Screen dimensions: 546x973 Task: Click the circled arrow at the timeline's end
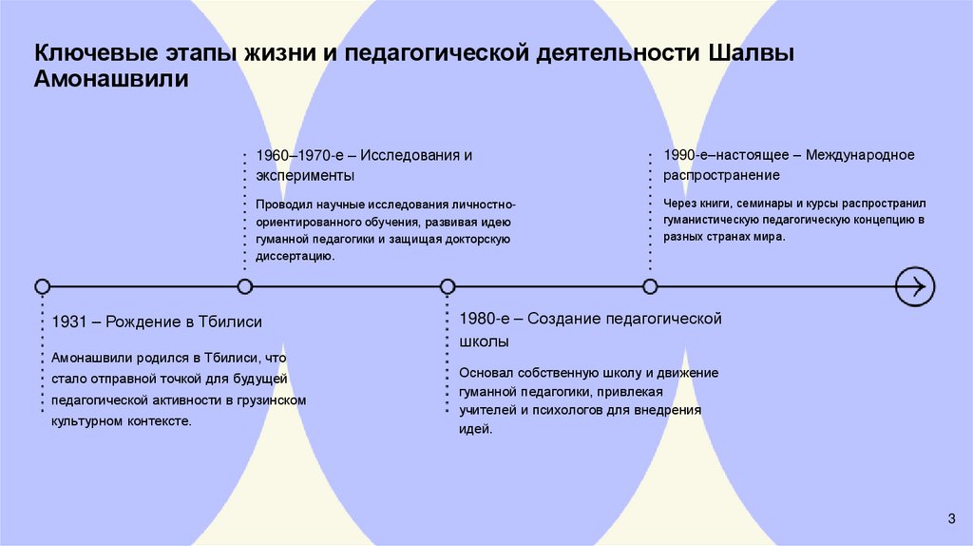[916, 285]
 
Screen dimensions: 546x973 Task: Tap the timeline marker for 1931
[42, 285]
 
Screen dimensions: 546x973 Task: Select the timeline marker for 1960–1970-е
[245, 285]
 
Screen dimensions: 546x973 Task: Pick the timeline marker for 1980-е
[448, 285]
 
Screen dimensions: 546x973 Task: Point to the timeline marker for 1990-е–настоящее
[650, 285]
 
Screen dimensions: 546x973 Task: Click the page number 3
[951, 517]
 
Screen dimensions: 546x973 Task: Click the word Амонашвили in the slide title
[112, 80]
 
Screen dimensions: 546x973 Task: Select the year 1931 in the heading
[71, 322]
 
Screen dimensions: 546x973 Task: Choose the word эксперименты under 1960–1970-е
[305, 175]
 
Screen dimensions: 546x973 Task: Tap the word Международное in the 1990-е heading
[860, 154]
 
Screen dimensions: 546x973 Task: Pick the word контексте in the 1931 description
[158, 420]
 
